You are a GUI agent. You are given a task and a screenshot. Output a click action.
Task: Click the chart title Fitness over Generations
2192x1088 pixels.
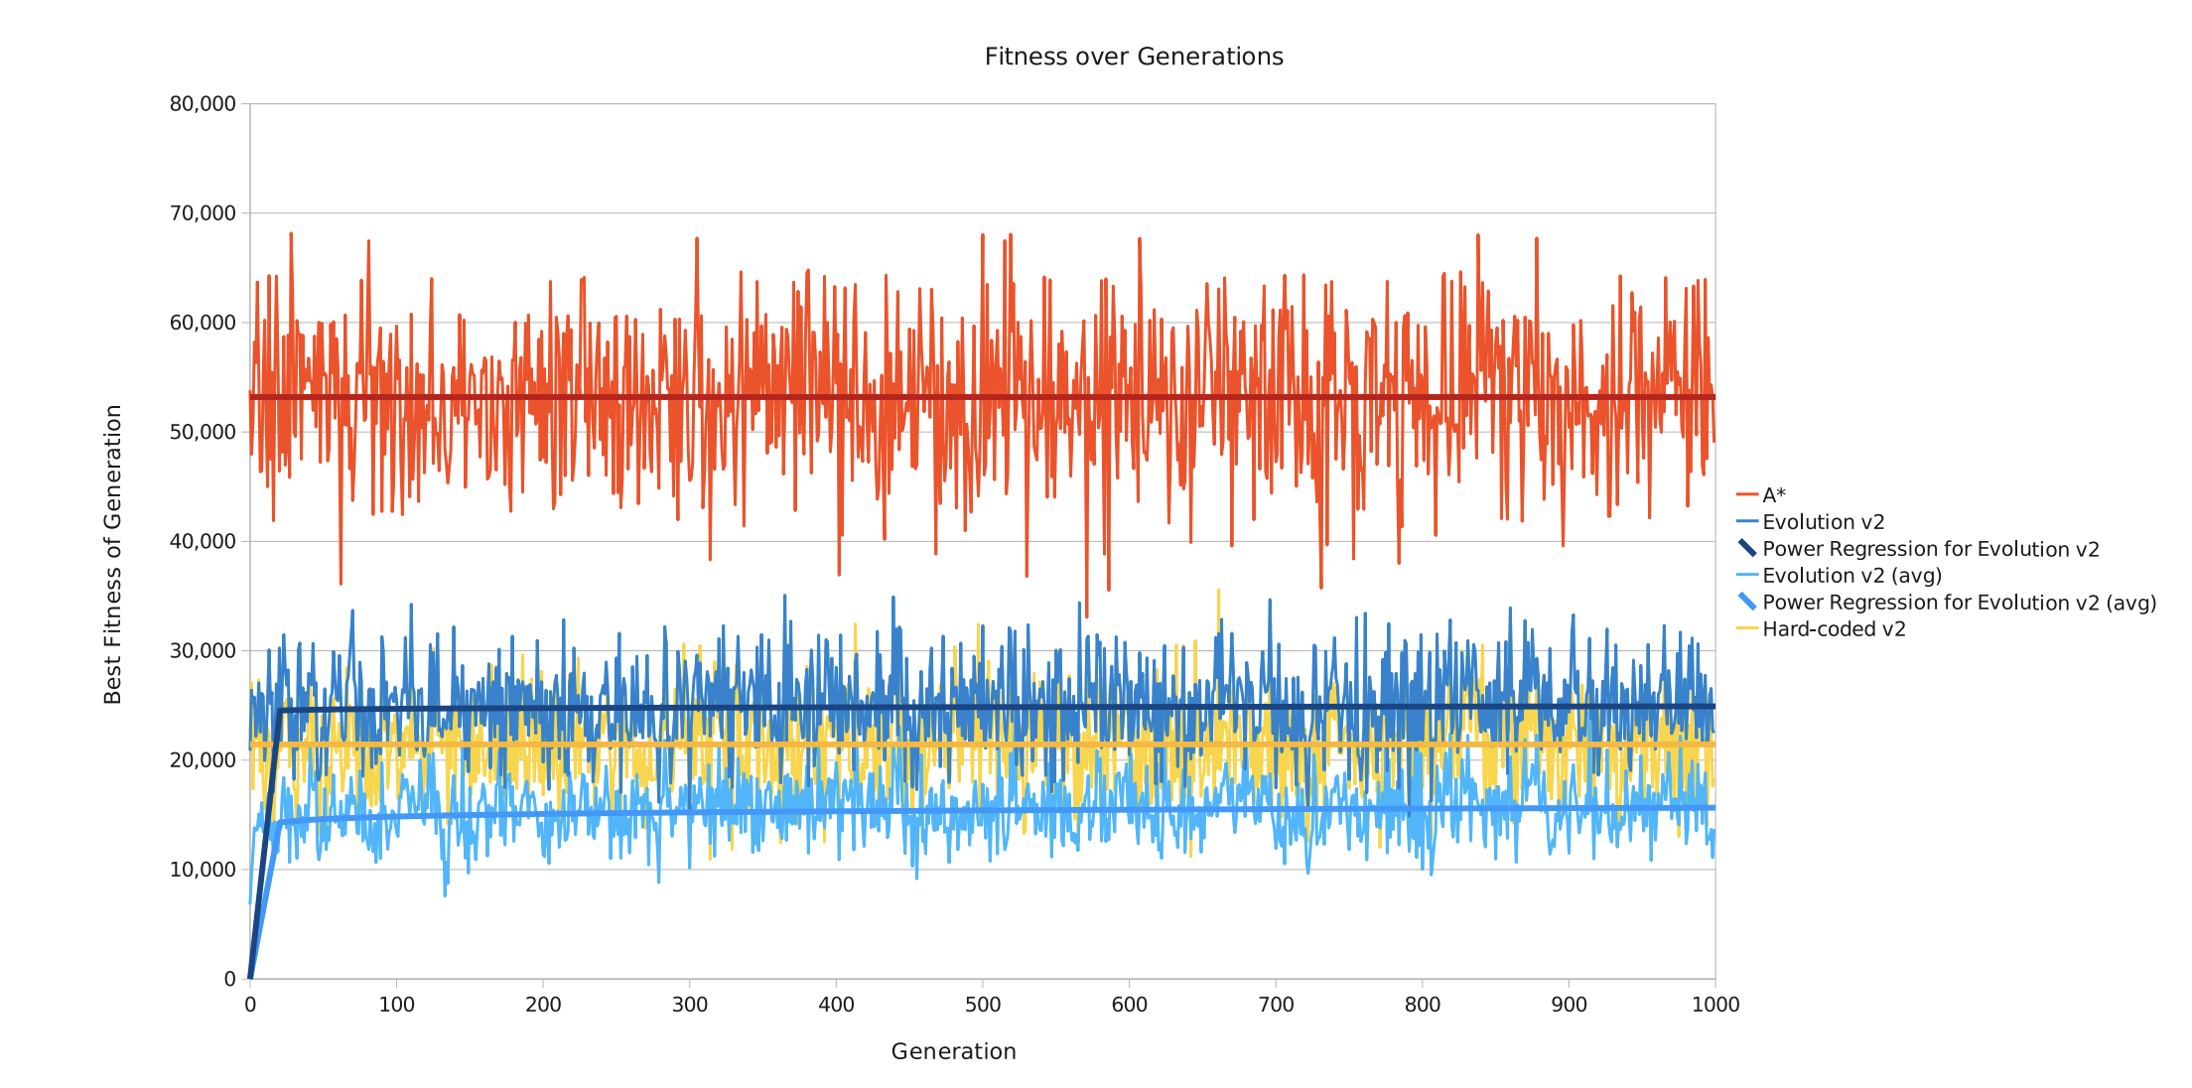point(1134,58)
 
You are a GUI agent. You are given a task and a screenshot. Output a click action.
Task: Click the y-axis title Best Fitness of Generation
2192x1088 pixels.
point(113,554)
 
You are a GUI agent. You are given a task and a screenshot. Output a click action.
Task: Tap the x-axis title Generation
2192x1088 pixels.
point(953,1051)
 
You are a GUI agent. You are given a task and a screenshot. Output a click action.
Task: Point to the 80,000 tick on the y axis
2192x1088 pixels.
point(203,104)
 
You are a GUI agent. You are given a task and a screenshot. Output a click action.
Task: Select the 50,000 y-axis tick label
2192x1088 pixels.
point(203,432)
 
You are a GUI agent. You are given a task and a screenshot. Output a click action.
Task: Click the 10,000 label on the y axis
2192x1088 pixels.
point(203,870)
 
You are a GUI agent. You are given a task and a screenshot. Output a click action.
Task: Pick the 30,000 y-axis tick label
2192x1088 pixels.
point(203,651)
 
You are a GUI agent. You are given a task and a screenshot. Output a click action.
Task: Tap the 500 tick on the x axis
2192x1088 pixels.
point(983,1005)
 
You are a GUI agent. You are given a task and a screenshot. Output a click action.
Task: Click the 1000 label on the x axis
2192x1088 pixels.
point(1715,1005)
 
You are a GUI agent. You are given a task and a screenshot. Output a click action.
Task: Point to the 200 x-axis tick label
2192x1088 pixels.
point(543,1005)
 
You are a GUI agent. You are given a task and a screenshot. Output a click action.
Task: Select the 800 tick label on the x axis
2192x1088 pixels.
point(1423,1005)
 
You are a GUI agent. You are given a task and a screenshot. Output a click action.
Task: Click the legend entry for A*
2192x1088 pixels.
point(1773,495)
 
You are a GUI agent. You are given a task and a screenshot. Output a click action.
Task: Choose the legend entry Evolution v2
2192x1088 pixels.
point(1823,522)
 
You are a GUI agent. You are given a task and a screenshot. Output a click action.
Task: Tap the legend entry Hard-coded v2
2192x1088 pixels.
point(1834,629)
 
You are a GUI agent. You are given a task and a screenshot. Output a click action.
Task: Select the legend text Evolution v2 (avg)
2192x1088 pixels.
point(1851,576)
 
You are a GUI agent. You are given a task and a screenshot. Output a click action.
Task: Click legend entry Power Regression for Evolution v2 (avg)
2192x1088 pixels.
point(1959,603)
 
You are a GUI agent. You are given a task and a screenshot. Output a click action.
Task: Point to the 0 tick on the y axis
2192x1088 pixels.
point(230,979)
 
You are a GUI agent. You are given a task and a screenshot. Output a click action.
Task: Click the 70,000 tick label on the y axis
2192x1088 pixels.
point(203,213)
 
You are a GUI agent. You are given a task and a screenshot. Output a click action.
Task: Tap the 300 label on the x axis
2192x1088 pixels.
point(690,1005)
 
